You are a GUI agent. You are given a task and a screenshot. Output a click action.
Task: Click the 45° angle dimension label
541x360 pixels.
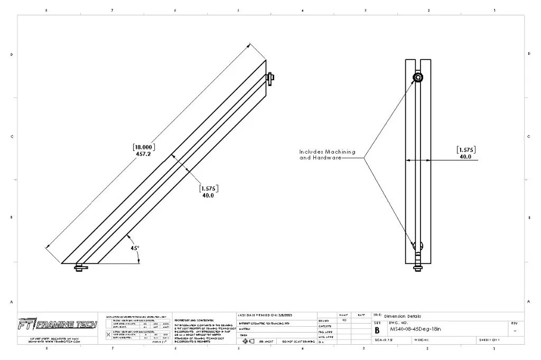[x=135, y=248]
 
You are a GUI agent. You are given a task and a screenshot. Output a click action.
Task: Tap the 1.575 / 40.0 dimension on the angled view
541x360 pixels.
[x=208, y=191]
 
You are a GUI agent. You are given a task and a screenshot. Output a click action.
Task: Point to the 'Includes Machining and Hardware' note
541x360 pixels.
[x=327, y=155]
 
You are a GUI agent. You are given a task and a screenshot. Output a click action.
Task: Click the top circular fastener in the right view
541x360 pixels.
[x=418, y=78]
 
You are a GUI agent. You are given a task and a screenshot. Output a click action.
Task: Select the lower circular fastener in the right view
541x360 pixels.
[x=418, y=246]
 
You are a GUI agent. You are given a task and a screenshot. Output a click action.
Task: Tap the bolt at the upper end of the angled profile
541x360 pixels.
[x=270, y=78]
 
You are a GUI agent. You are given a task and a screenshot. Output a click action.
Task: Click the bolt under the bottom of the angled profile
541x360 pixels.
[x=81, y=268]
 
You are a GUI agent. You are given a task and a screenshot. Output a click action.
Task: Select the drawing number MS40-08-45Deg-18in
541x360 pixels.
[x=415, y=328]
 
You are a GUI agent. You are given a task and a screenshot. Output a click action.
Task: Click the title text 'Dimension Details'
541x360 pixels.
[x=403, y=316]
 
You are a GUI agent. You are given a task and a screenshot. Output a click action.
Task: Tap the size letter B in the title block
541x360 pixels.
[x=377, y=330]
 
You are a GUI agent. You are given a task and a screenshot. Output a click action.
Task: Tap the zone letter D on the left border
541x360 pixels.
[x=12, y=54]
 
